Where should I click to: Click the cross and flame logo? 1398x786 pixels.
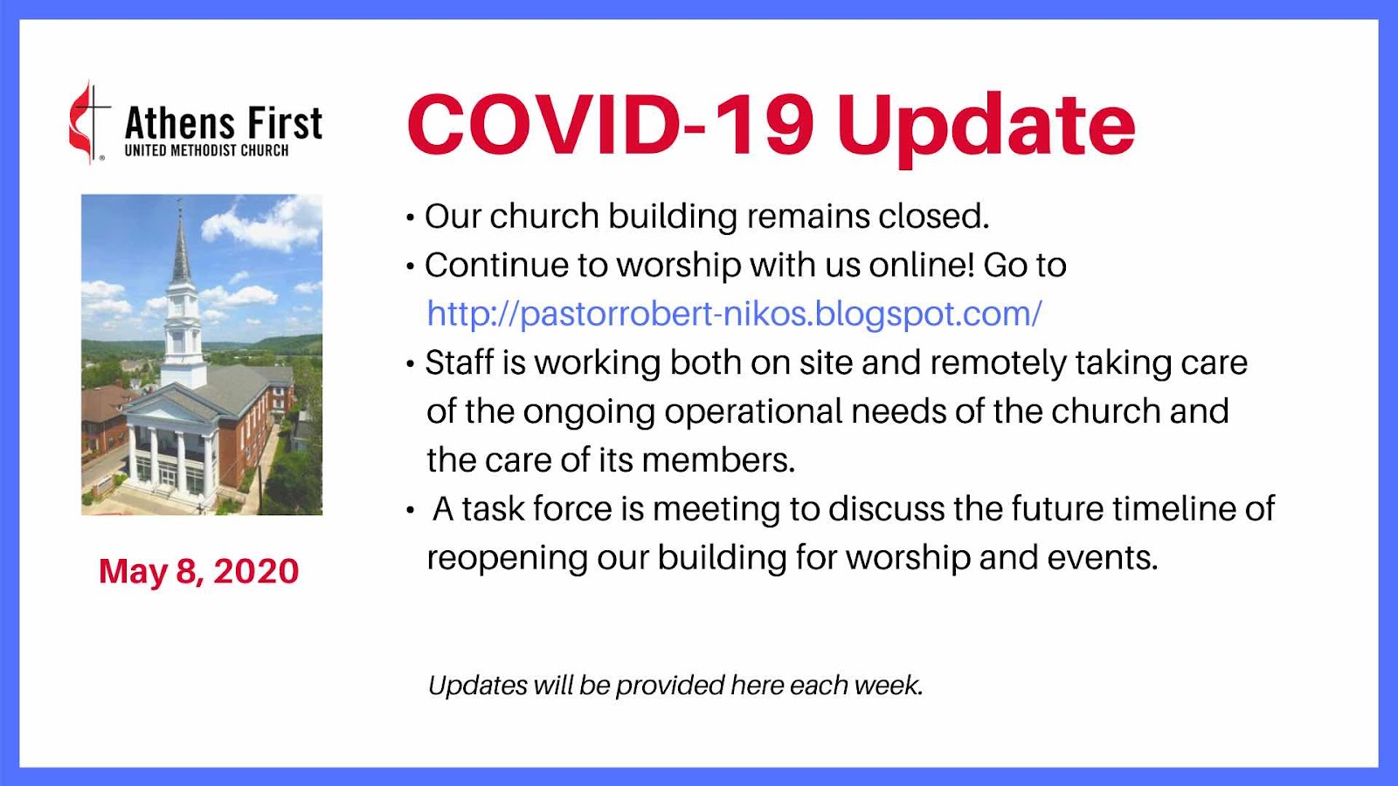89,122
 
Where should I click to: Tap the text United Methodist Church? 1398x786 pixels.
206,150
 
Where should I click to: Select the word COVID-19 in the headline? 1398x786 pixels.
611,124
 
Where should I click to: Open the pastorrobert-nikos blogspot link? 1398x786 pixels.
734,314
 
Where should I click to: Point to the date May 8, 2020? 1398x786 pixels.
199,571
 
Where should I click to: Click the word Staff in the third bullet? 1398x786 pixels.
460,362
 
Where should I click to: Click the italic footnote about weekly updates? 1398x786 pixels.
675,685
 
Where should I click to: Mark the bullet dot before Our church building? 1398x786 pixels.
410,217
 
